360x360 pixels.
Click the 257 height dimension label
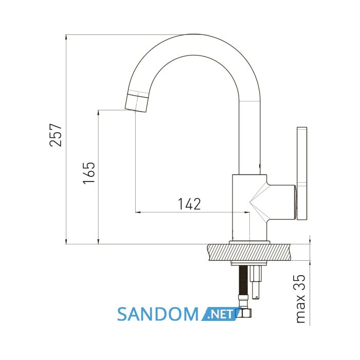click(x=56, y=135)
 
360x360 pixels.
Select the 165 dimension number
click(x=89, y=173)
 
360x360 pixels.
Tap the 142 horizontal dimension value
click(x=189, y=204)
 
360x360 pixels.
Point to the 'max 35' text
click(x=300, y=299)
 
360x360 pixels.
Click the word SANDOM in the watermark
click(x=158, y=314)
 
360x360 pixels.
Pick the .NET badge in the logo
click(x=221, y=314)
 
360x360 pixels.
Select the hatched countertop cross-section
click(x=249, y=253)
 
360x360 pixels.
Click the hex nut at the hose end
click(x=244, y=313)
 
